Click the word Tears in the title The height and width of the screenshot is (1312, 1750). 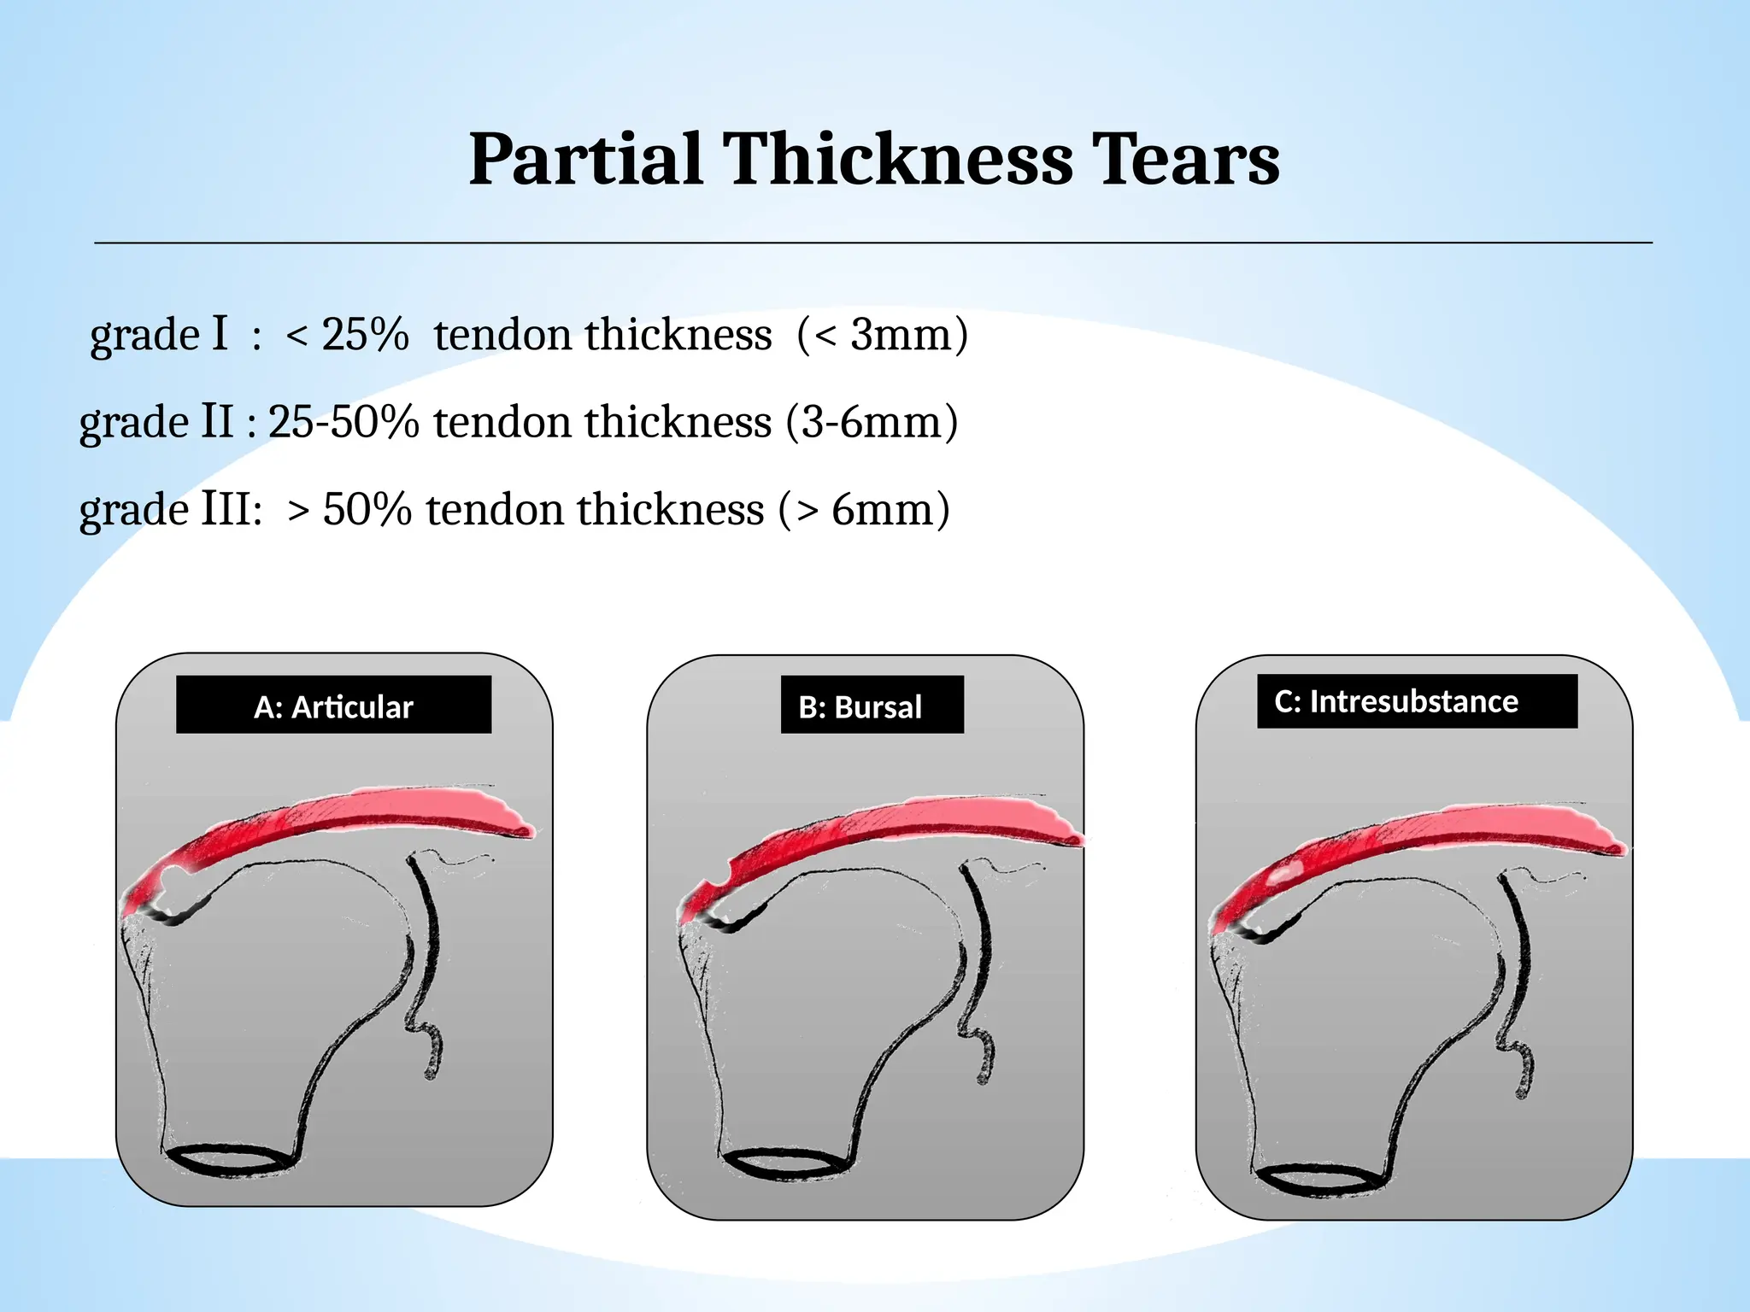click(1187, 160)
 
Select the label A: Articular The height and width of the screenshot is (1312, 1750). click(333, 706)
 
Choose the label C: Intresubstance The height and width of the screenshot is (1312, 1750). click(1396, 701)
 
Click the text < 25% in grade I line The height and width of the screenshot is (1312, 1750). click(347, 335)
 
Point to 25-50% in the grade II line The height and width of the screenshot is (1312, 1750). click(344, 422)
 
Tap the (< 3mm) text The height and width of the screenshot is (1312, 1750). click(882, 335)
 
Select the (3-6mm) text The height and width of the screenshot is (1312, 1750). click(872, 422)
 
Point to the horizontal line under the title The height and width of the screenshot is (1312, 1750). click(872, 243)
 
